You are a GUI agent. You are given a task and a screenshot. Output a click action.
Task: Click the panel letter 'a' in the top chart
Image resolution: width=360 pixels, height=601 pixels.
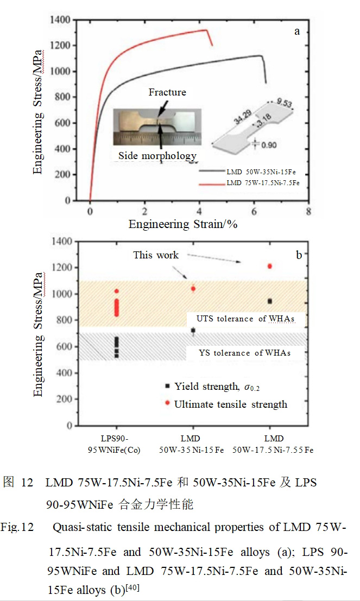coord(297,31)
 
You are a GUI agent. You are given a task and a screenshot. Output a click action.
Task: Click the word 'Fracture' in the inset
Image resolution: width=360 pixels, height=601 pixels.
coord(167,92)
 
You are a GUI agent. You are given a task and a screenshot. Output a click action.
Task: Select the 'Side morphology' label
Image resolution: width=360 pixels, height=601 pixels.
coord(157,156)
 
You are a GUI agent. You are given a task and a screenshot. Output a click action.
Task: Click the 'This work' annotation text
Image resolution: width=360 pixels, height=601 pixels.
coord(156,255)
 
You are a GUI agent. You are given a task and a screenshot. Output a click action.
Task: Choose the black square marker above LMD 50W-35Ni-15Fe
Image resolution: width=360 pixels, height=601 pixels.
coord(193,330)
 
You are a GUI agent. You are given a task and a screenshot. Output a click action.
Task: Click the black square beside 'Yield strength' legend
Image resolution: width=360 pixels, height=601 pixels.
coord(168,385)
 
